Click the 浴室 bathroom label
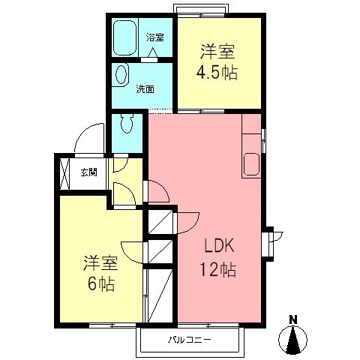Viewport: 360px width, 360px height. click(x=155, y=37)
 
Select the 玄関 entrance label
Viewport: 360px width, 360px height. click(x=88, y=172)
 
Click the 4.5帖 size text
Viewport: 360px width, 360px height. click(x=217, y=73)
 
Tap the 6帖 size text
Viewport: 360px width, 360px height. click(x=99, y=286)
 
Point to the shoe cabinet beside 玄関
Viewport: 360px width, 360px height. click(x=64, y=172)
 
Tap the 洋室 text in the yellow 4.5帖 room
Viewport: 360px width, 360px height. click(x=217, y=52)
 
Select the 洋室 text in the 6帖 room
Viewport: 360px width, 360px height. click(x=99, y=264)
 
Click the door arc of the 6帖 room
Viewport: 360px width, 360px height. click(x=130, y=250)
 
